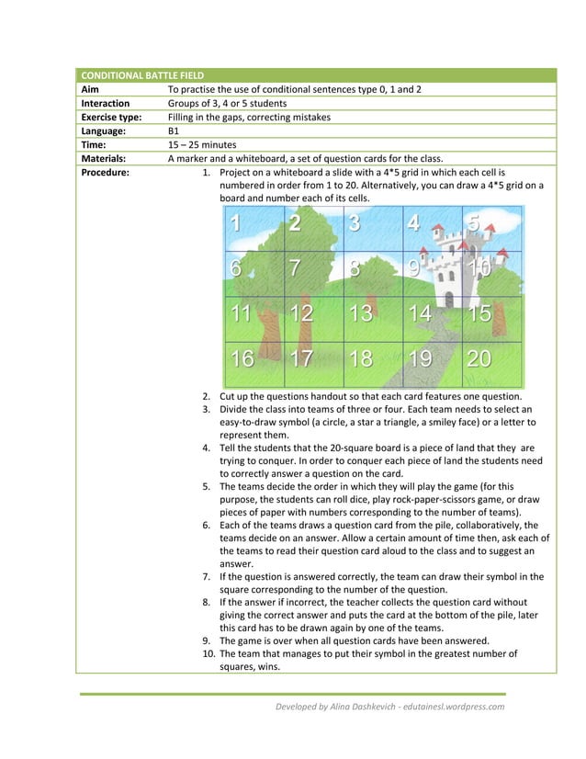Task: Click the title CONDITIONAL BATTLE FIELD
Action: pos(142,75)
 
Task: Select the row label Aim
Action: pos(90,89)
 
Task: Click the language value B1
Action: pos(173,130)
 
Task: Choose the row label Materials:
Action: pos(104,158)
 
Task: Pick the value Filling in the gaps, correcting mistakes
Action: pos(249,117)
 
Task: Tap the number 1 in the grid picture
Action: pos(236,223)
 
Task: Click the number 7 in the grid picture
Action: pos(295,268)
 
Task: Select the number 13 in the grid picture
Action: pos(360,313)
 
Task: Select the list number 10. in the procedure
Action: pos(207,654)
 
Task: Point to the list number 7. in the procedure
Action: pos(208,577)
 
